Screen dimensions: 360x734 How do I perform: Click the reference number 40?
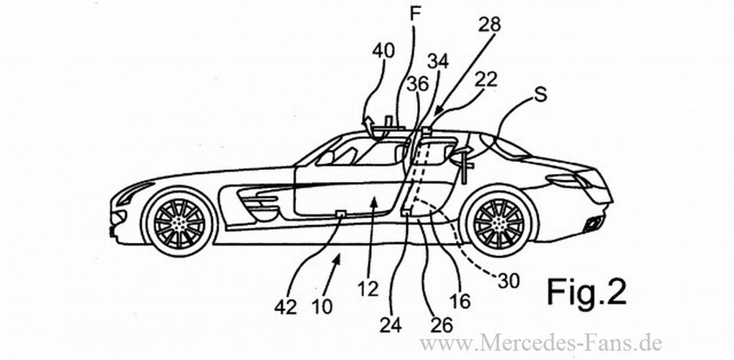pos(384,51)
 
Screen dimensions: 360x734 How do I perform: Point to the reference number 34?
pos(438,62)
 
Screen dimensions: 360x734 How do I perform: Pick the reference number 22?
pos(486,80)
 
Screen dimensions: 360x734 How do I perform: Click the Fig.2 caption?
pos(587,292)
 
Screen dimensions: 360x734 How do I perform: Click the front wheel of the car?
pos(179,219)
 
